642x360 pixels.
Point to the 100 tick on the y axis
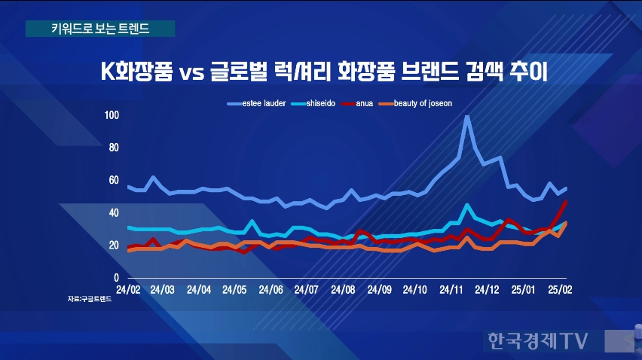[x=112, y=115]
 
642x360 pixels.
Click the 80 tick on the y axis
[x=114, y=148]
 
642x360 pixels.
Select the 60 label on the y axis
[x=114, y=180]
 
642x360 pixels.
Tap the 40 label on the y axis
[x=114, y=213]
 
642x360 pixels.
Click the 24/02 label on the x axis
[x=127, y=289]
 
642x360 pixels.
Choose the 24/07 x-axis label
[x=307, y=289]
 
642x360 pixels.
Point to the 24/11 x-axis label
[x=451, y=289]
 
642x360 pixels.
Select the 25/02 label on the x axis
[x=560, y=289]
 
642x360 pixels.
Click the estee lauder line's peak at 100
[x=467, y=117]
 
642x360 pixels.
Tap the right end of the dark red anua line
[x=566, y=201]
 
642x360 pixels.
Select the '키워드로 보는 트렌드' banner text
[x=99, y=29]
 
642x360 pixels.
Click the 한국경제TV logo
[x=537, y=340]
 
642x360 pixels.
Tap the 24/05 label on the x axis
[x=235, y=289]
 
